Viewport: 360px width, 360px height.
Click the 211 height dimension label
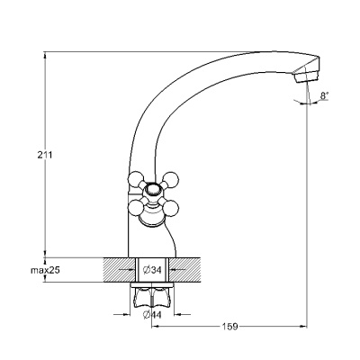pyautogui.click(x=45, y=155)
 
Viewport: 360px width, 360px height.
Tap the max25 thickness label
pyautogui.click(x=46, y=270)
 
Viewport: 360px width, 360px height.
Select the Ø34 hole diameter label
pyautogui.click(x=152, y=270)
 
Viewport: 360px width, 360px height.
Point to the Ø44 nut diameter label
pyautogui.click(x=152, y=315)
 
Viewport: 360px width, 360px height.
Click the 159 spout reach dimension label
pyautogui.click(x=229, y=326)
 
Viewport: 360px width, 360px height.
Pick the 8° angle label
pyautogui.click(x=324, y=96)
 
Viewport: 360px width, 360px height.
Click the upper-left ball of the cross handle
pyautogui.click(x=135, y=179)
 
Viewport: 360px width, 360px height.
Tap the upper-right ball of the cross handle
pyautogui.click(x=172, y=179)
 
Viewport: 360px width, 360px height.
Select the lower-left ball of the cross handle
pyautogui.click(x=135, y=207)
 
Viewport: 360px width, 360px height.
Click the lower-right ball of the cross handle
pyautogui.click(x=172, y=207)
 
